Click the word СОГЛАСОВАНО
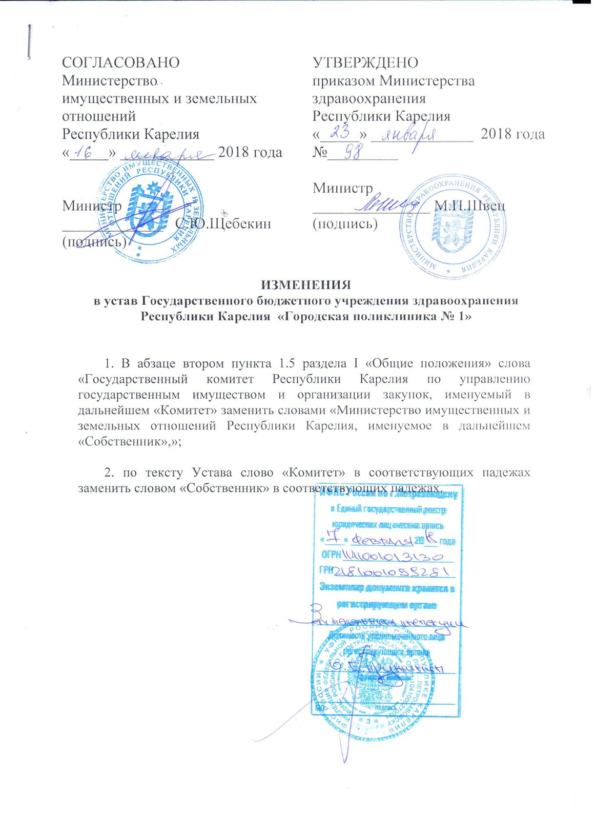click(x=120, y=63)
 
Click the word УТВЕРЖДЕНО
click(x=365, y=63)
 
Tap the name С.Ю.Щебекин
click(x=222, y=224)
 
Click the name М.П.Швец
click(x=469, y=206)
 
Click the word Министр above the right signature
click(x=342, y=188)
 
